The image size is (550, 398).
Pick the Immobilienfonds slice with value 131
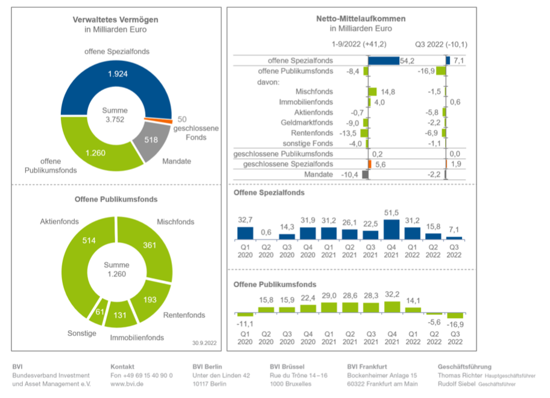pos(121,315)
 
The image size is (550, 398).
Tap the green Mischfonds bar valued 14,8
pos(372,92)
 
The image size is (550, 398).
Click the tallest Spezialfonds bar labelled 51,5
pos(392,229)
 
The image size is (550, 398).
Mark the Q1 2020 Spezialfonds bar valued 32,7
pos(245,233)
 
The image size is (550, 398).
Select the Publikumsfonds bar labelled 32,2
pos(392,307)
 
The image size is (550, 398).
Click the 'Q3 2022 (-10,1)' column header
pos(441,45)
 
